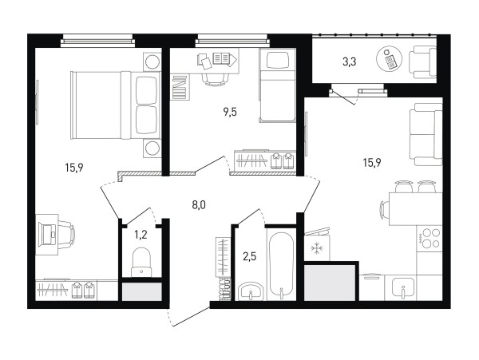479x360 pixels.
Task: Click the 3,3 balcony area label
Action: [x=349, y=62]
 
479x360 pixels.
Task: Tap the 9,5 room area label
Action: [x=230, y=113]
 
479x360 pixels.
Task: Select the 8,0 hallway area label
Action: [x=199, y=205]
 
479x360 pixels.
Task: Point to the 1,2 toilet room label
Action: [x=141, y=235]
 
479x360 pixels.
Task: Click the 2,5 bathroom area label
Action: [x=249, y=256]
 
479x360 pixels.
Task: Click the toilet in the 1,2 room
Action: [x=141, y=262]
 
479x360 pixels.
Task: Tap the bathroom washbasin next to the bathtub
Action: [x=250, y=291]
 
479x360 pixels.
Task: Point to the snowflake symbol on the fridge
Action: [x=317, y=248]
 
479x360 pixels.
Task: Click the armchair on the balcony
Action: [x=422, y=62]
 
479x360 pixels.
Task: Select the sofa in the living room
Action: [x=426, y=134]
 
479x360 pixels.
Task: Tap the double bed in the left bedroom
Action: [x=116, y=105]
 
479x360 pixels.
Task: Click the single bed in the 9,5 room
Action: [x=277, y=85]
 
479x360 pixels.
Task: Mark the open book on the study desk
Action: [x=221, y=58]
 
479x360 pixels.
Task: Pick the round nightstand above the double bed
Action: [x=152, y=62]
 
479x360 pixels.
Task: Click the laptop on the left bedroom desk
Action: [x=48, y=235]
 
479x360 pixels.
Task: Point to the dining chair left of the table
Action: [x=384, y=209]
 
